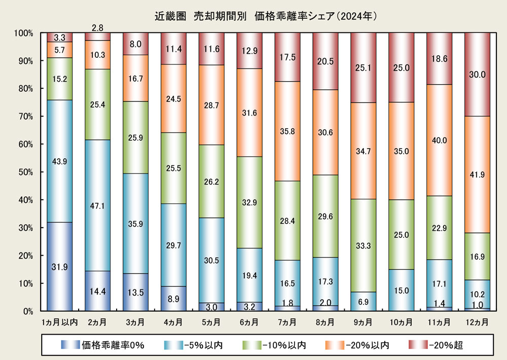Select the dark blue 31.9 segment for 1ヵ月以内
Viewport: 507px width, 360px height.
(60, 266)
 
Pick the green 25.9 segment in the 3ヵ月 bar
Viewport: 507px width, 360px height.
(135, 137)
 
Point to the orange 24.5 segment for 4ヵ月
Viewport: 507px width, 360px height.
(173, 98)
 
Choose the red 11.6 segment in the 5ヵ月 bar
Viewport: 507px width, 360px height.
(211, 49)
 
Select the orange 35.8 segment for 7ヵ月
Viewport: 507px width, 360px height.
(287, 131)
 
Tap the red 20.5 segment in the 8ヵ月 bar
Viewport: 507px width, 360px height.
(325, 61)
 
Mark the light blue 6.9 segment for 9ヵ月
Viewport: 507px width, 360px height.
(364, 301)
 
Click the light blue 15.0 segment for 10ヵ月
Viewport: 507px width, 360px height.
(402, 290)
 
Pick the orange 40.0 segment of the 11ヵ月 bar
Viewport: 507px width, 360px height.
(440, 140)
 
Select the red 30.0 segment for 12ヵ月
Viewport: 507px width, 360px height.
(478, 75)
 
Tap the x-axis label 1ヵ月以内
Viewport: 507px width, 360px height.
(60, 322)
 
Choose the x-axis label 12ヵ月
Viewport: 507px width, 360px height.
(478, 322)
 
